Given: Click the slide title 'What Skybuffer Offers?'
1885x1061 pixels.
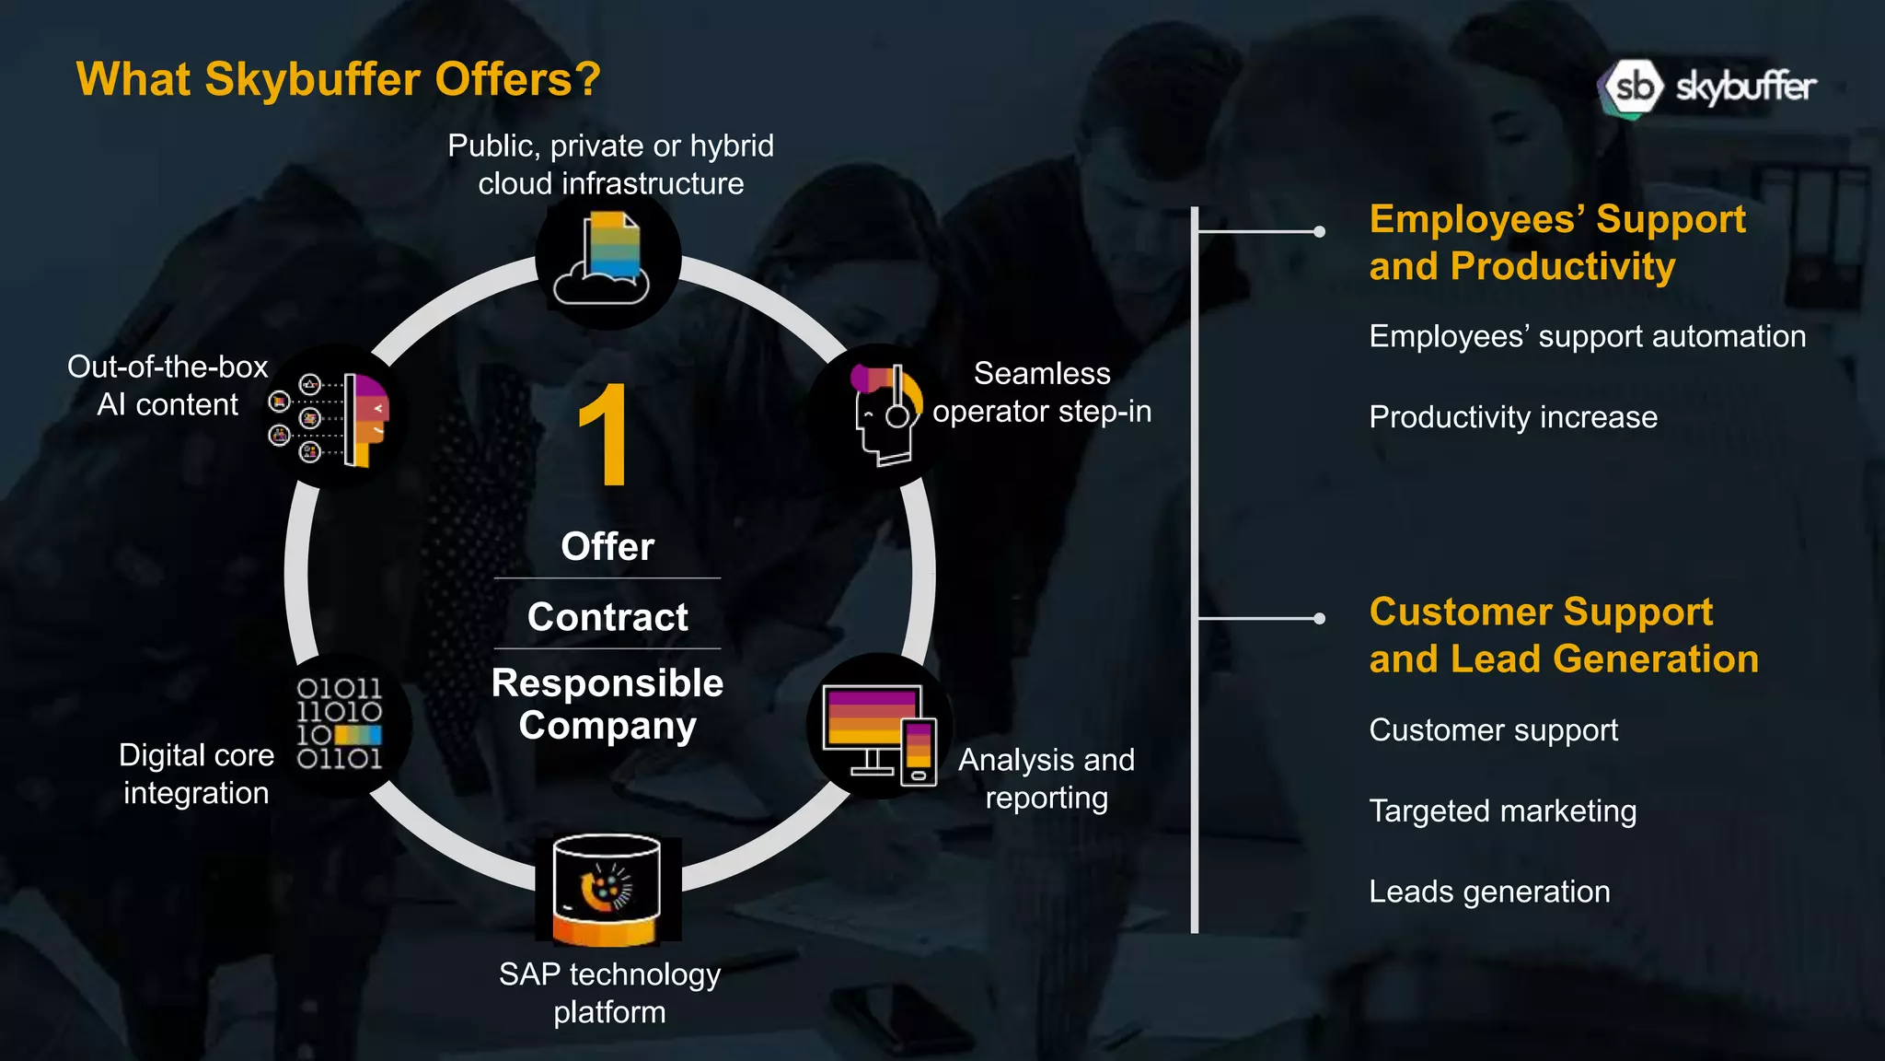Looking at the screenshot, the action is coord(338,79).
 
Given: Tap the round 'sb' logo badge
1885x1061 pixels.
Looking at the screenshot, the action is coord(1633,87).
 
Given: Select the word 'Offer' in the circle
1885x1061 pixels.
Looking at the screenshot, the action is coord(607,546).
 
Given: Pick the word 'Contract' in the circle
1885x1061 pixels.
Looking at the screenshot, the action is coord(607,617).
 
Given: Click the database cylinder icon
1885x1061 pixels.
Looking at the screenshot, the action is coord(607,891).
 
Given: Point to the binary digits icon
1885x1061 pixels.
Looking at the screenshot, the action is coord(339,724).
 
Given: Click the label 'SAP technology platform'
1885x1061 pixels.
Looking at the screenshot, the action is coord(609,993).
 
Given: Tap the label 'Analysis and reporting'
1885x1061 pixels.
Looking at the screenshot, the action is coord(1047,778).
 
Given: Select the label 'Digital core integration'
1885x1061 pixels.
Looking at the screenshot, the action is coord(196,774).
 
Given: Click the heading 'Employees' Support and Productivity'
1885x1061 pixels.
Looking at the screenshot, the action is coord(1557,242).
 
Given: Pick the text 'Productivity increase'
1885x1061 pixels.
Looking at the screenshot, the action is coord(1513,417).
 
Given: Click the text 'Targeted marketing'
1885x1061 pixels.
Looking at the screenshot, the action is coord(1503,811).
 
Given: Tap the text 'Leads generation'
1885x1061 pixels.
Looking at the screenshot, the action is coord(1489,892).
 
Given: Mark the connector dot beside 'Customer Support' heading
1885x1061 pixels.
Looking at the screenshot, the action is coord(1319,618).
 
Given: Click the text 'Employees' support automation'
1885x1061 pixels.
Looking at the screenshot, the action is coord(1588,336).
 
